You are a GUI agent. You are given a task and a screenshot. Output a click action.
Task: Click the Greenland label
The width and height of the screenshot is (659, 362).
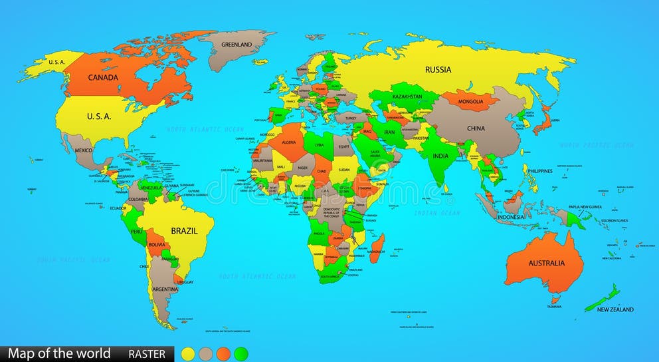(236, 45)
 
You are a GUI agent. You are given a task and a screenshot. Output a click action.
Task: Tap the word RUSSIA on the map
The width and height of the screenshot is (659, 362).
(438, 69)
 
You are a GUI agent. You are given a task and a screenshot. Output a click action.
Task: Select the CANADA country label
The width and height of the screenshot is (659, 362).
(103, 77)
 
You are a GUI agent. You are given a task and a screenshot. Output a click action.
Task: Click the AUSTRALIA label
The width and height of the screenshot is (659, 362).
(546, 263)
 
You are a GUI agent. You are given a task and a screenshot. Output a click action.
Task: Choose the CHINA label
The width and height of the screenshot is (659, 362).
(475, 128)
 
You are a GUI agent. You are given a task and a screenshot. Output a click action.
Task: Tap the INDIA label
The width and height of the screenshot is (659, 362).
(440, 156)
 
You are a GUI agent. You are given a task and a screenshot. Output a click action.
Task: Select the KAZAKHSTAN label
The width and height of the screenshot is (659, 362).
(407, 96)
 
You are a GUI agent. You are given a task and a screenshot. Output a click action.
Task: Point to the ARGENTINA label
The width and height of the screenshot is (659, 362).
(164, 289)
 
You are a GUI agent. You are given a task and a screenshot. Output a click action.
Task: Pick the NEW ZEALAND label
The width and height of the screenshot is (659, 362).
(614, 309)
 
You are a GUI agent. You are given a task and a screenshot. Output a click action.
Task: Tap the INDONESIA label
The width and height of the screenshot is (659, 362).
(512, 216)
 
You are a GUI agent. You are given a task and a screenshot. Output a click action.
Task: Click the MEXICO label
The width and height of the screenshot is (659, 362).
(83, 150)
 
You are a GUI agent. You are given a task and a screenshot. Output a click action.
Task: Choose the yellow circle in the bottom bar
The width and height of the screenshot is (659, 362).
(189, 353)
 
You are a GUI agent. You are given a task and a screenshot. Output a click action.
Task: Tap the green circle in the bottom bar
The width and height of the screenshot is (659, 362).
(240, 353)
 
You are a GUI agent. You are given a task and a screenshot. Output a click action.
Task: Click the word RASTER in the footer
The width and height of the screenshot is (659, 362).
(147, 354)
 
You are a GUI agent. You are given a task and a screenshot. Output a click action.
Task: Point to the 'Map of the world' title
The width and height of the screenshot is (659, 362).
(59, 353)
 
